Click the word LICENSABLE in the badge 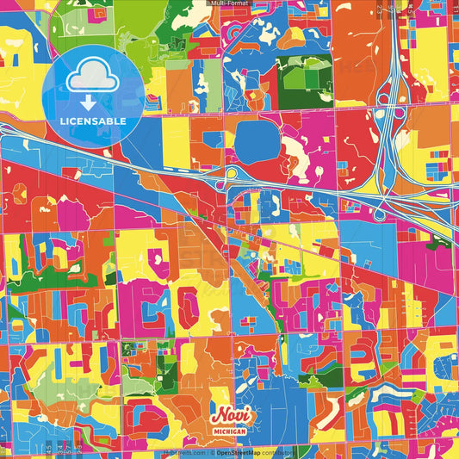[x=93, y=121]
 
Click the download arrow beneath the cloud [x=93, y=101]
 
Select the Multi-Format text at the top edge [x=229, y=3]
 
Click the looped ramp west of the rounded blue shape [x=230, y=176]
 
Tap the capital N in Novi [x=218, y=414]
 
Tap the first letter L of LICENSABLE [x=62, y=121]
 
